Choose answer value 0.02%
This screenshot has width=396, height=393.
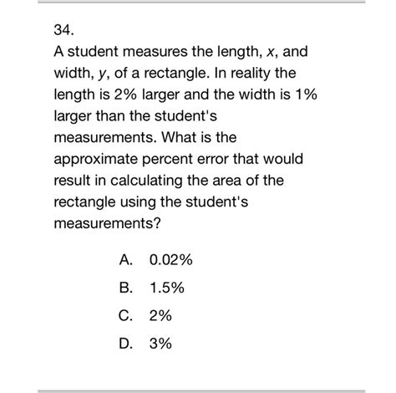171,262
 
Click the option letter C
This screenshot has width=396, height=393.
126,317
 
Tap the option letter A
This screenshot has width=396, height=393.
126,262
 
